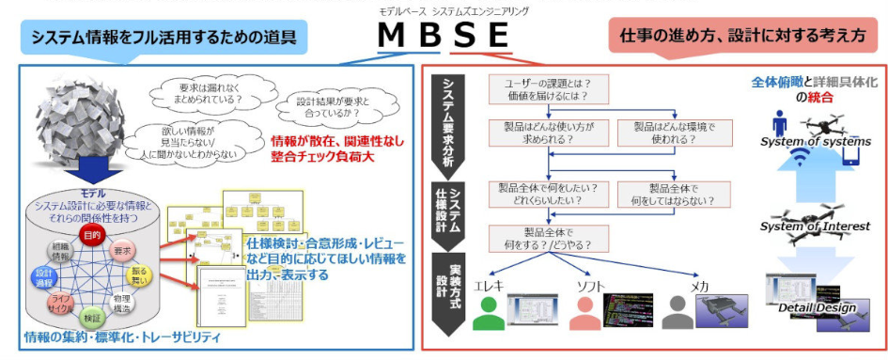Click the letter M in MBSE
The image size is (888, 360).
point(392,37)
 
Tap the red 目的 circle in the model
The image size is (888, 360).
point(92,234)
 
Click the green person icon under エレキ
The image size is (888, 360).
point(490,309)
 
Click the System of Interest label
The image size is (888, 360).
point(815,227)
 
